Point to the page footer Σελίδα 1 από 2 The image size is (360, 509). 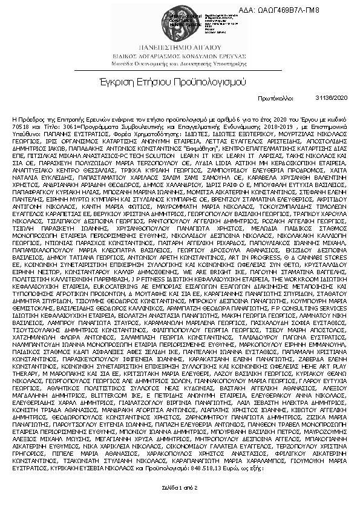tap(180, 504)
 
